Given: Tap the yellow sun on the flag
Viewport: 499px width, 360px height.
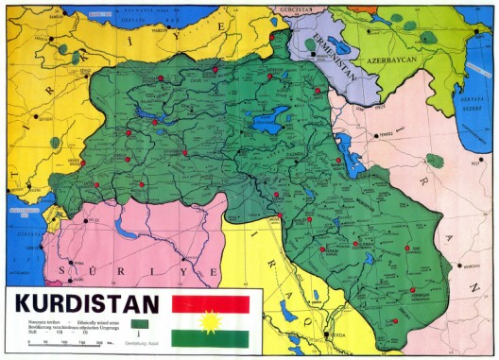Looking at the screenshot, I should (x=210, y=321).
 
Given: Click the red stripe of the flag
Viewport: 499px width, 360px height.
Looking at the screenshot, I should (x=210, y=304).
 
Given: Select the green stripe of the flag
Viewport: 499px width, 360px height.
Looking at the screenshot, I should (x=210, y=338).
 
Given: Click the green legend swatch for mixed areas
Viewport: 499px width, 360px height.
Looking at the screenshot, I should (x=139, y=322).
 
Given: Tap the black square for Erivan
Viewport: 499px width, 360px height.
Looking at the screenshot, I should (x=313, y=54).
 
